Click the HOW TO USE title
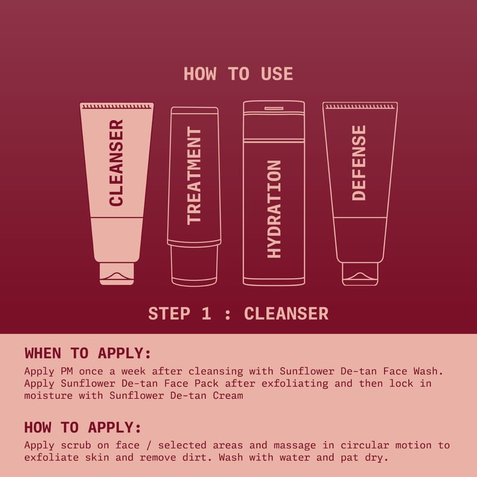click(238, 74)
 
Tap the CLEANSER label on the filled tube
click(116, 163)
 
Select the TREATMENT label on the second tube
click(194, 175)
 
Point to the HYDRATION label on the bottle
click(274, 209)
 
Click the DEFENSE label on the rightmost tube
click(359, 163)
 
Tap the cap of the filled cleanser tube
click(117, 274)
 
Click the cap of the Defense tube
click(360, 274)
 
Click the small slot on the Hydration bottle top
click(274, 109)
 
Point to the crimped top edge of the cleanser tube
click(117, 107)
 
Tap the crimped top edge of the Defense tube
click(360, 107)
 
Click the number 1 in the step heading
click(206, 314)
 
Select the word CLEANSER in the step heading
click(286, 314)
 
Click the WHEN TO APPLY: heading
click(88, 353)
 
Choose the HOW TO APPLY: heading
click(83, 427)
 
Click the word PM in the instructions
click(67, 371)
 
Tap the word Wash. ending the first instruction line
click(428, 371)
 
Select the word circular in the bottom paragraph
click(365, 445)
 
